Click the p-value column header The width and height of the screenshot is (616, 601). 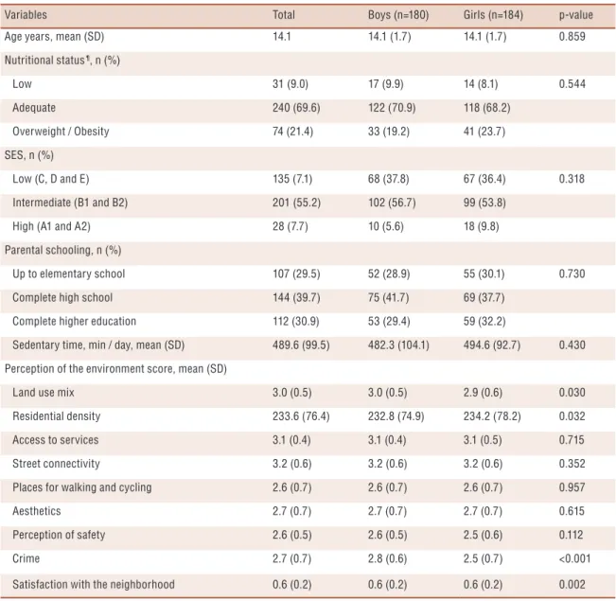575,15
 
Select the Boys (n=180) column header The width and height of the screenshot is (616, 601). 398,15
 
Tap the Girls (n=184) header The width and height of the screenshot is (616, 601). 493,15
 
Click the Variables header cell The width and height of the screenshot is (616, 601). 26,15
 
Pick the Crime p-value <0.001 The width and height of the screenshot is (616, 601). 574,558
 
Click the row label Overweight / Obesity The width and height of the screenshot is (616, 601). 61,132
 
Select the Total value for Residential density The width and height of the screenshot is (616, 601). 301,416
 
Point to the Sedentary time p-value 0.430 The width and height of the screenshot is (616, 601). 572,345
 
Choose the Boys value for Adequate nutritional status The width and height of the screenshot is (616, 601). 392,108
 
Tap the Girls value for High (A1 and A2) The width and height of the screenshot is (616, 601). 482,226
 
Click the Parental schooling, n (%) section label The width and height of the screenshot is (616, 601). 62,251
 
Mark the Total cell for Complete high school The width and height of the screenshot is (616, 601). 296,297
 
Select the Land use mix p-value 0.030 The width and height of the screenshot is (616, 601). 572,393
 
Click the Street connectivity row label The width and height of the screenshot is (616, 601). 56,464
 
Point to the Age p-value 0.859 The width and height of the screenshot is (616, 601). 572,37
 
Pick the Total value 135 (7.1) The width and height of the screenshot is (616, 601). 292,179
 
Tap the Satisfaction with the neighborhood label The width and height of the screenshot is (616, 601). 94,585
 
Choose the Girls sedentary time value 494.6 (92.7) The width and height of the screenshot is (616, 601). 492,345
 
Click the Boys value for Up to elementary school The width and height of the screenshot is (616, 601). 389,274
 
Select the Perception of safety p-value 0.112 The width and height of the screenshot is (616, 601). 571,535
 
